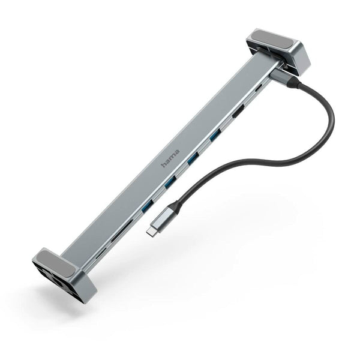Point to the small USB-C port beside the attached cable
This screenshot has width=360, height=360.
click(259, 89)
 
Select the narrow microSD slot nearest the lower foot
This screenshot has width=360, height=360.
click(101, 252)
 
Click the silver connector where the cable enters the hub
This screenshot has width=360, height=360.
click(280, 76)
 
